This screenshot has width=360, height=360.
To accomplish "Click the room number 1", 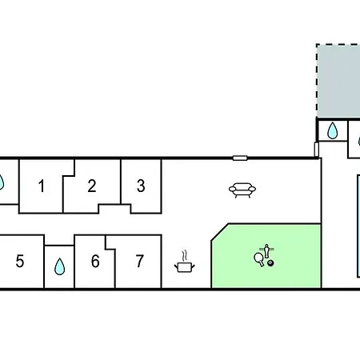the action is (42, 186).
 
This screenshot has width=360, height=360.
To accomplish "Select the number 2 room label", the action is (92, 186).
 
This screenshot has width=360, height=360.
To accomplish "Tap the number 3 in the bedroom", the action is (141, 186).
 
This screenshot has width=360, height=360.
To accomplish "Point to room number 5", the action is (20, 261).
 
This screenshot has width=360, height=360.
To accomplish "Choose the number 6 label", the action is (95, 261).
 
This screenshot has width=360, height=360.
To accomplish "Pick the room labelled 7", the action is (140, 261).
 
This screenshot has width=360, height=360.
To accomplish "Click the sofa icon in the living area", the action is (242, 190).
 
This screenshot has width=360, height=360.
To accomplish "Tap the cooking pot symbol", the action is (185, 267).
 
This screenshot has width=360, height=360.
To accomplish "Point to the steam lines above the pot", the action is (184, 256).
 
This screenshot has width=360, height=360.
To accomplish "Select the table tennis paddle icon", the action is (258, 258).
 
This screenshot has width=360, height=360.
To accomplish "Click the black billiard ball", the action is (270, 263).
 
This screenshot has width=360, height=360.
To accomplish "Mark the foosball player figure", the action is (266, 251).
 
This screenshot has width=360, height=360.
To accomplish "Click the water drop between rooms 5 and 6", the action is (59, 266).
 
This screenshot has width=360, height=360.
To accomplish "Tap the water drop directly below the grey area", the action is (332, 130).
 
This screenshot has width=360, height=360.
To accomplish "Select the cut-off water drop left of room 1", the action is (2, 182).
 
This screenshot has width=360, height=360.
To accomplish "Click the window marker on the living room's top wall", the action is (240, 158).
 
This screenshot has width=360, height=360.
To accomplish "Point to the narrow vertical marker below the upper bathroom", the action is (317, 150).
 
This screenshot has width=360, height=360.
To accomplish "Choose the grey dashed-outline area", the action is (338, 81).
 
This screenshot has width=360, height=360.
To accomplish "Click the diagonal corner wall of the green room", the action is (220, 232).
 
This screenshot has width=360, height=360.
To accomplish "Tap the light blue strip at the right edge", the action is (358, 226).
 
